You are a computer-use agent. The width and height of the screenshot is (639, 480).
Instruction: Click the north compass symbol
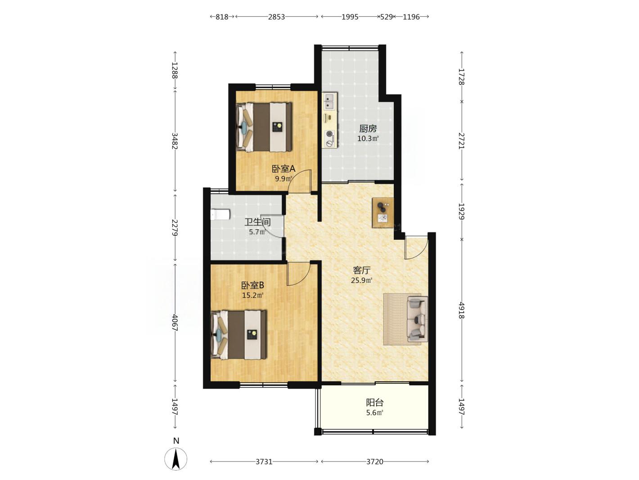click(175, 458)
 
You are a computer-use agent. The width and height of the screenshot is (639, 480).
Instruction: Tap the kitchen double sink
click(329, 101)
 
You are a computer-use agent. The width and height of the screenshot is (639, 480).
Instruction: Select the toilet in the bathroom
click(220, 215)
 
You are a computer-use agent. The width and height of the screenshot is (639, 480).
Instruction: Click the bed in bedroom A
click(264, 127)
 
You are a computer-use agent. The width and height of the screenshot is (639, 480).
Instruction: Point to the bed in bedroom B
click(238, 335)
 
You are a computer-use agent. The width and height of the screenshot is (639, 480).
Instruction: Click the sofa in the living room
click(418, 319)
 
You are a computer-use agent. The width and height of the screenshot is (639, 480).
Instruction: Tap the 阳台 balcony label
click(374, 402)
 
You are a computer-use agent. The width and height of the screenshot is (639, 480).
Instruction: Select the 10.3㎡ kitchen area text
click(368, 138)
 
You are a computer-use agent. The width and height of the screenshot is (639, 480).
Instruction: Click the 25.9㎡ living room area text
click(361, 280)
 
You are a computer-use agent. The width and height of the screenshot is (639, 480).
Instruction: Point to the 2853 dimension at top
click(276, 17)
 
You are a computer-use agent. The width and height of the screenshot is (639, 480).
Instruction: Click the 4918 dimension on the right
click(461, 310)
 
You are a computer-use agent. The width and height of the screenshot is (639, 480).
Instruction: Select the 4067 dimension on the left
click(175, 322)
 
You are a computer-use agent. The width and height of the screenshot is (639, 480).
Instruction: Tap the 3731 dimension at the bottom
click(264, 462)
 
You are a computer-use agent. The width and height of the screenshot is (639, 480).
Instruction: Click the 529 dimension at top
click(386, 17)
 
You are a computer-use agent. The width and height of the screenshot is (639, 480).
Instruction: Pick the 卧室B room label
click(252, 285)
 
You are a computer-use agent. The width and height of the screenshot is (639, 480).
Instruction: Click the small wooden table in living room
click(382, 212)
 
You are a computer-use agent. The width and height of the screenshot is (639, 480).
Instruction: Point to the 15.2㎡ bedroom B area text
click(253, 295)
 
